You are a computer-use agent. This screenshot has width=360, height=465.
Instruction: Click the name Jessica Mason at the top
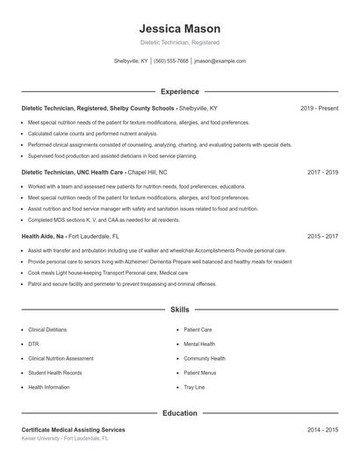click(180, 28)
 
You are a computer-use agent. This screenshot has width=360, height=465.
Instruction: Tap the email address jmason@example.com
click(220, 61)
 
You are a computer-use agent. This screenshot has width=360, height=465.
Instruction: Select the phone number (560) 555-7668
click(171, 61)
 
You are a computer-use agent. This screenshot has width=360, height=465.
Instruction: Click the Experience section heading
click(180, 91)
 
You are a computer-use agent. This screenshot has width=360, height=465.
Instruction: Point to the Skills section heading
click(180, 310)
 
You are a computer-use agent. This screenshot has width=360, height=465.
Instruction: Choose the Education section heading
click(180, 412)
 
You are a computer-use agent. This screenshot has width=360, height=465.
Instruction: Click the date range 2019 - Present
click(319, 108)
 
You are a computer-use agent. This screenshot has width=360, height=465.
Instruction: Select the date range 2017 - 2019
click(322, 172)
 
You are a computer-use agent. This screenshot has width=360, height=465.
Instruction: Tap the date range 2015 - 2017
click(322, 236)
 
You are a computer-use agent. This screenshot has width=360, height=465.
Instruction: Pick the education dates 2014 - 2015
click(322, 430)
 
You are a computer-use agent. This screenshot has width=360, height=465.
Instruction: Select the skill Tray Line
click(194, 387)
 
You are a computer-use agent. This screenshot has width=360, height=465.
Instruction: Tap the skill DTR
click(33, 344)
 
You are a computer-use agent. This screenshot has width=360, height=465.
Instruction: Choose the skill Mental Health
click(198, 344)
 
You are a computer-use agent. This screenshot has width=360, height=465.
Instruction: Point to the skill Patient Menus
click(199, 373)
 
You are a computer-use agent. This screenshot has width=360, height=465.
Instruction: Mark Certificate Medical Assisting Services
click(73, 430)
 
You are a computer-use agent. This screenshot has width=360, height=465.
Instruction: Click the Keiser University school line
click(65, 438)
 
